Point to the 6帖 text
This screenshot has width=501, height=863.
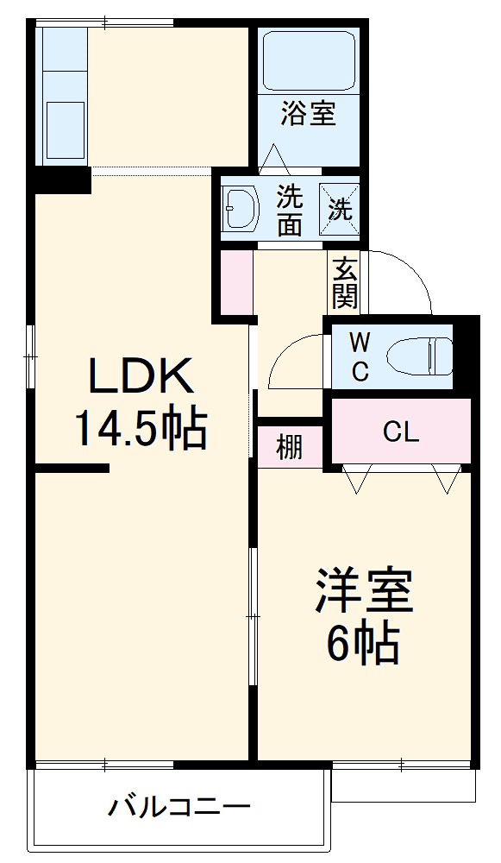[x=363, y=642]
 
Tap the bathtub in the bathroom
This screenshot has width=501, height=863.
[x=308, y=60]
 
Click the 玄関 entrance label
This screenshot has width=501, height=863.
[x=344, y=283]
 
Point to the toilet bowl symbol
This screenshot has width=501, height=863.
[x=419, y=356]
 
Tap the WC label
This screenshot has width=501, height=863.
[x=360, y=357]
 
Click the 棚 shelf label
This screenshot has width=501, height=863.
[x=290, y=448]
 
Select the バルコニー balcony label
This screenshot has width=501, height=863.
[x=179, y=809]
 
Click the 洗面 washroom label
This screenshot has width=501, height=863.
[x=290, y=210]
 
